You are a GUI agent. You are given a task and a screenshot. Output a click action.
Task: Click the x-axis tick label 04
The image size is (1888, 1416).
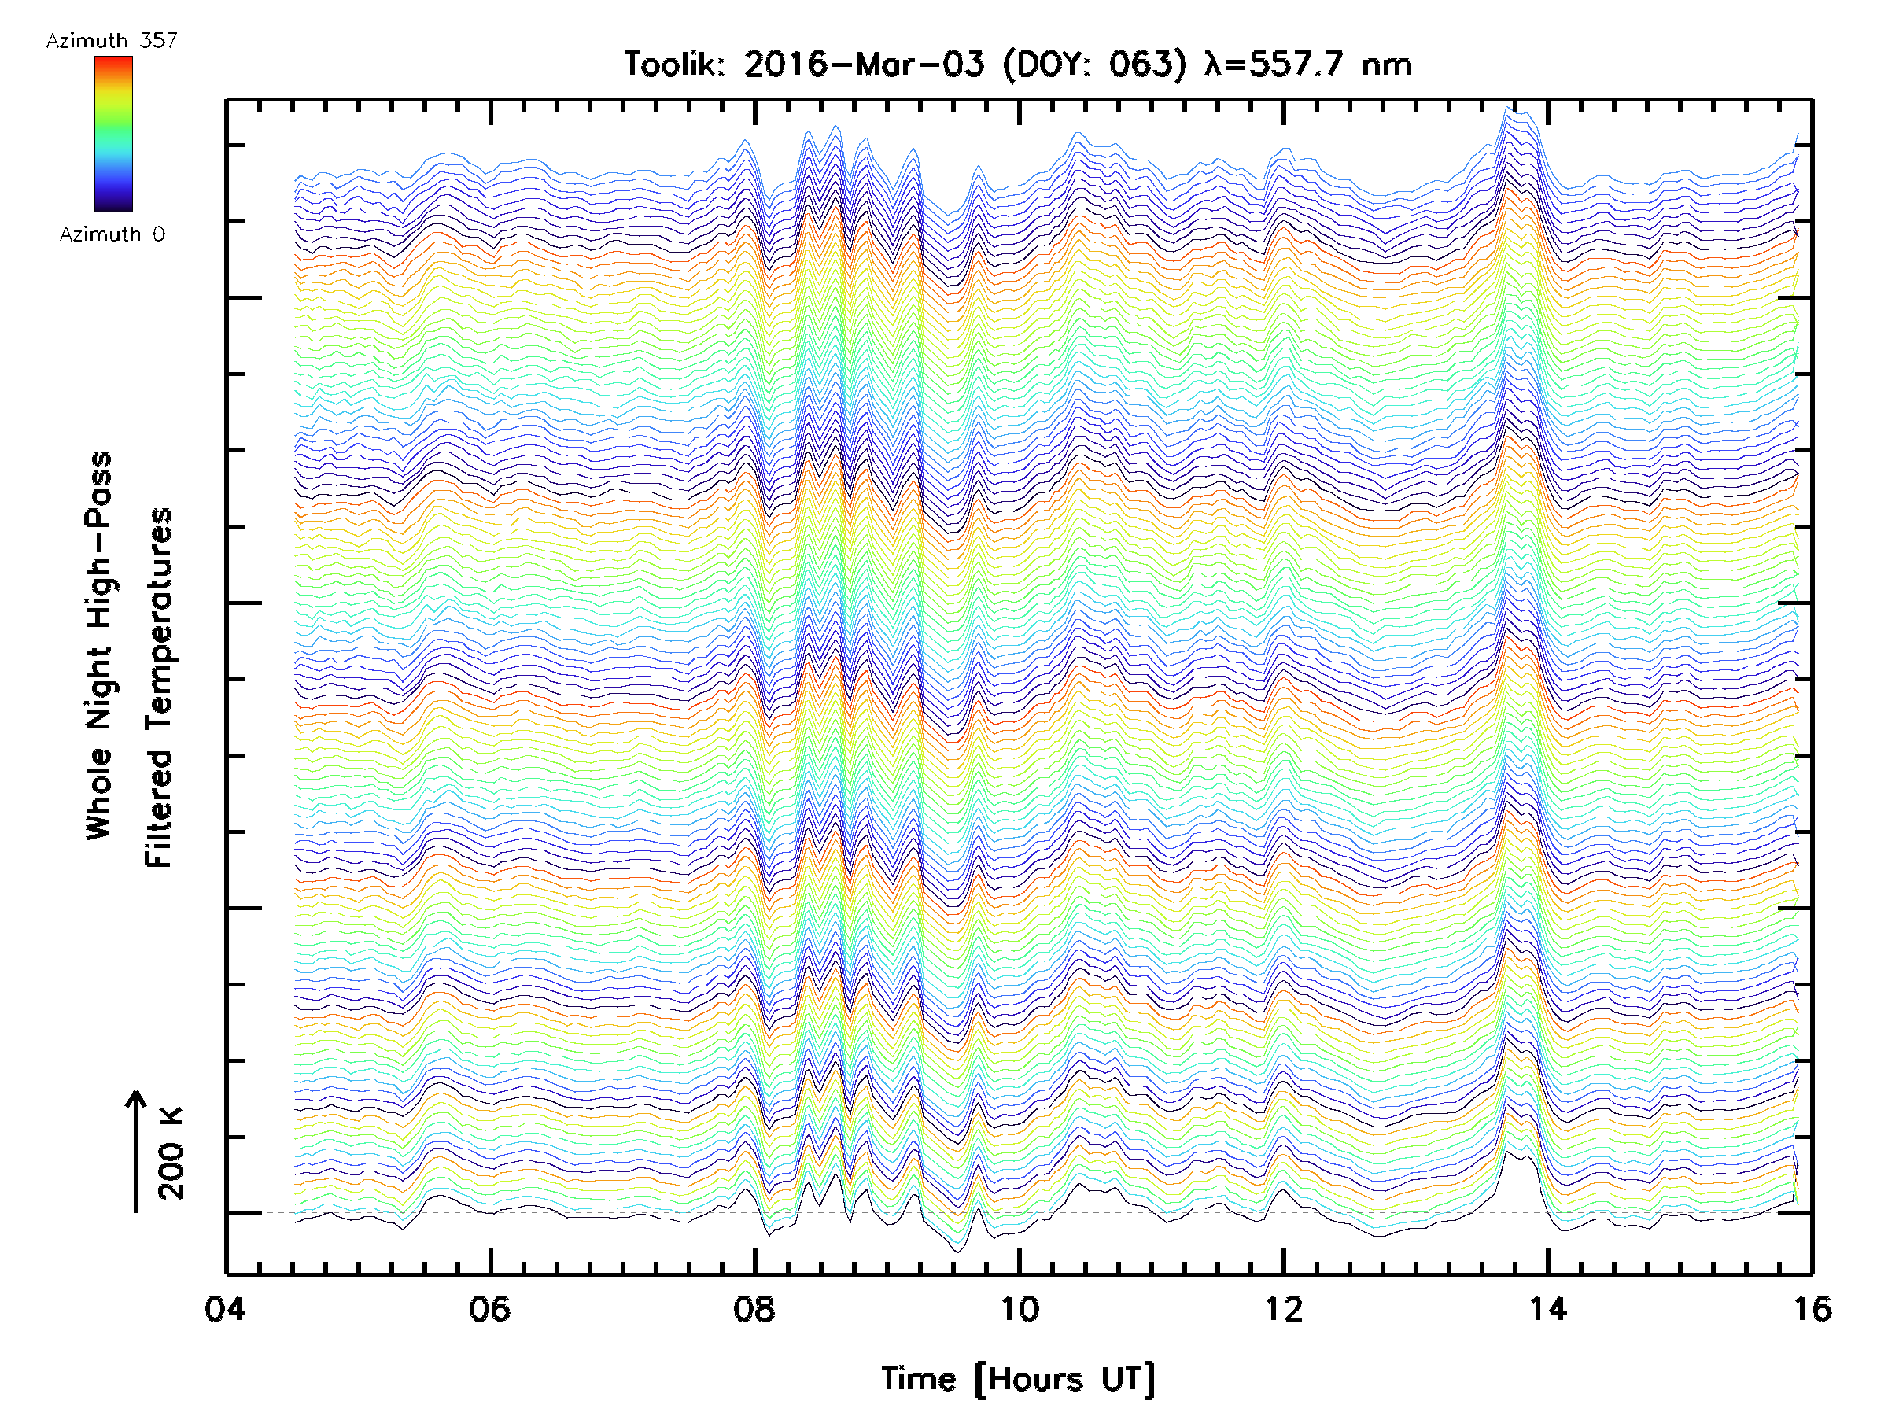[x=224, y=1308]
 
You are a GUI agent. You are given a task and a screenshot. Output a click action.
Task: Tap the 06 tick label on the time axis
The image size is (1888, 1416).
[x=489, y=1308]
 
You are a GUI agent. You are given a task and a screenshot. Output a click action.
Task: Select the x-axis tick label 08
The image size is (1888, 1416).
[x=754, y=1308]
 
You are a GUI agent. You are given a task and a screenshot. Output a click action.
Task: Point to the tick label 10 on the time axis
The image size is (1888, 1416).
[x=1019, y=1308]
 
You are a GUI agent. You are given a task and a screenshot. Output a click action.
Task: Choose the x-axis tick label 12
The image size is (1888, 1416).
[x=1284, y=1308]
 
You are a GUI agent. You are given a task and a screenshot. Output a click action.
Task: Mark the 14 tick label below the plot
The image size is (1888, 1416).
[x=1548, y=1308]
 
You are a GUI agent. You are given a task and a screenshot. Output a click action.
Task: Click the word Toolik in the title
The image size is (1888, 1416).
[x=674, y=65]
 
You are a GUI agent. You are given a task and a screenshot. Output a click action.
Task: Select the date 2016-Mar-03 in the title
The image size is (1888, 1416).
[x=864, y=65]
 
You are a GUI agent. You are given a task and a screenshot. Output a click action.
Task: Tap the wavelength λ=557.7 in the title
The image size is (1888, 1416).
[x=1274, y=65]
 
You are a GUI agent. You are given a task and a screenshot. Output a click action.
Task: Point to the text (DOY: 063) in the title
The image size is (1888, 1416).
[x=1095, y=65]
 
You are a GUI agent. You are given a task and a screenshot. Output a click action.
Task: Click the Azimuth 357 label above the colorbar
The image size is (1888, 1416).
[x=112, y=40]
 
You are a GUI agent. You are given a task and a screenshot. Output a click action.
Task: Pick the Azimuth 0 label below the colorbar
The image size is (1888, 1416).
[x=112, y=234]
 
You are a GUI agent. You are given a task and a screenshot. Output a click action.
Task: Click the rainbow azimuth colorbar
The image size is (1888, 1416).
[x=113, y=134]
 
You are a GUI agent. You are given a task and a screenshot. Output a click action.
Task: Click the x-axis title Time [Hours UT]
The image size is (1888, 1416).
[x=1018, y=1379]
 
